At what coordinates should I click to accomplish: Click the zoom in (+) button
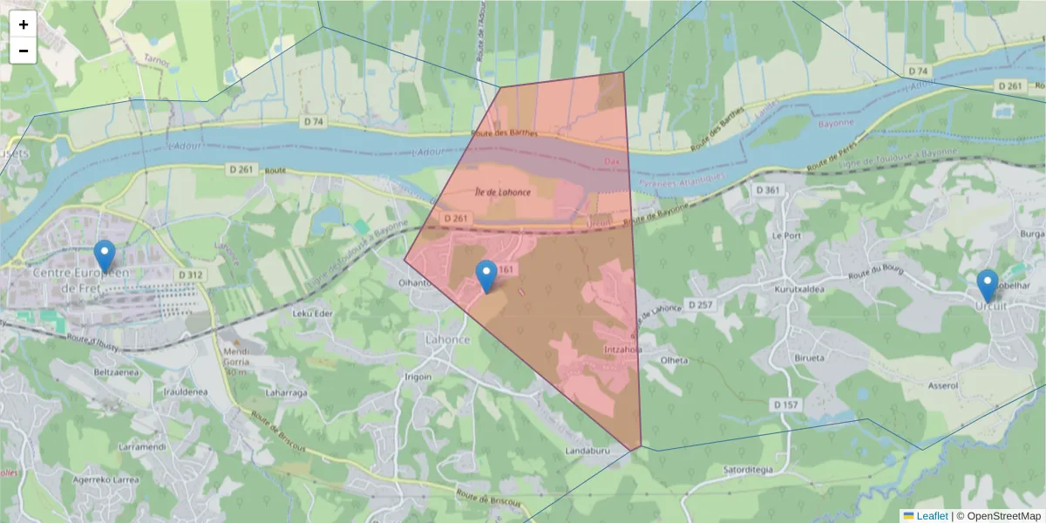(x=24, y=24)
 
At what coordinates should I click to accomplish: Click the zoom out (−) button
(x=24, y=51)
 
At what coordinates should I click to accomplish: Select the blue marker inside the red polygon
(x=486, y=276)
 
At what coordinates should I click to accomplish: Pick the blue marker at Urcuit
(x=987, y=285)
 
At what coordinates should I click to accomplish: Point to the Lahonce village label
(x=447, y=339)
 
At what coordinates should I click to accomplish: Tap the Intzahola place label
(x=622, y=350)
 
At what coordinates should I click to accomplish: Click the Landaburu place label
(x=586, y=451)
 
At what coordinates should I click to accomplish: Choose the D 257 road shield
(x=700, y=304)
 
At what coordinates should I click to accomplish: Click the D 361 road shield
(x=768, y=189)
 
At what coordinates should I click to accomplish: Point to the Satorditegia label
(x=748, y=469)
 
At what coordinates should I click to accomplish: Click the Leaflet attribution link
(x=930, y=516)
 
